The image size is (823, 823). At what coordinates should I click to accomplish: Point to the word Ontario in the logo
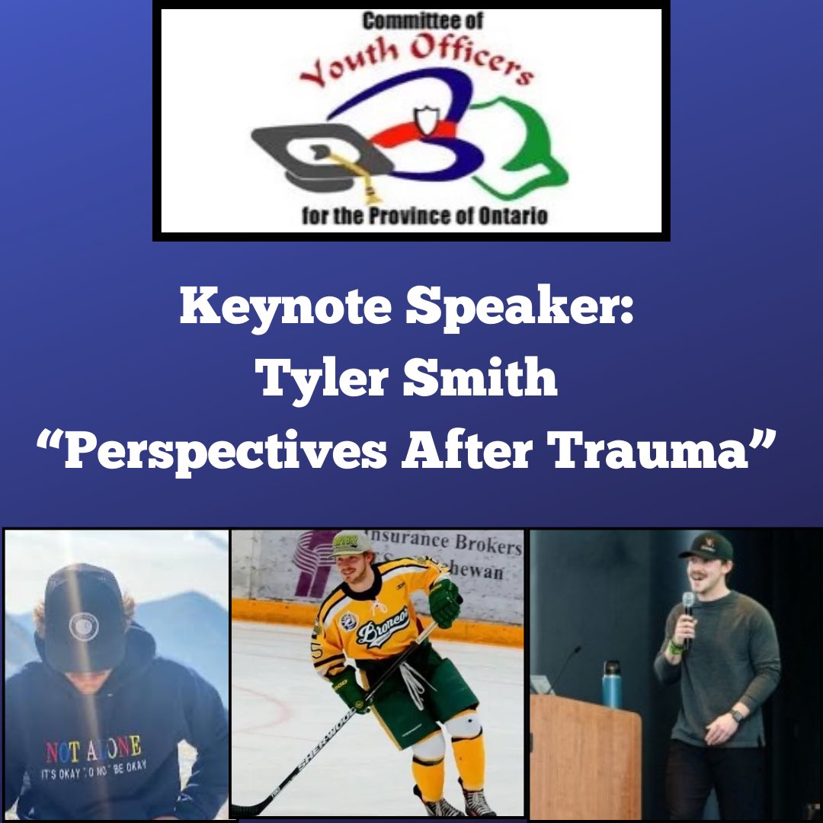(515, 216)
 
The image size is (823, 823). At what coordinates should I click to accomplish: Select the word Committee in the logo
(402, 22)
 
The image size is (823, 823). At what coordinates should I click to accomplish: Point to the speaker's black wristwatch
(735, 716)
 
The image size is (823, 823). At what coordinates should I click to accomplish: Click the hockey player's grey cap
(351, 543)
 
